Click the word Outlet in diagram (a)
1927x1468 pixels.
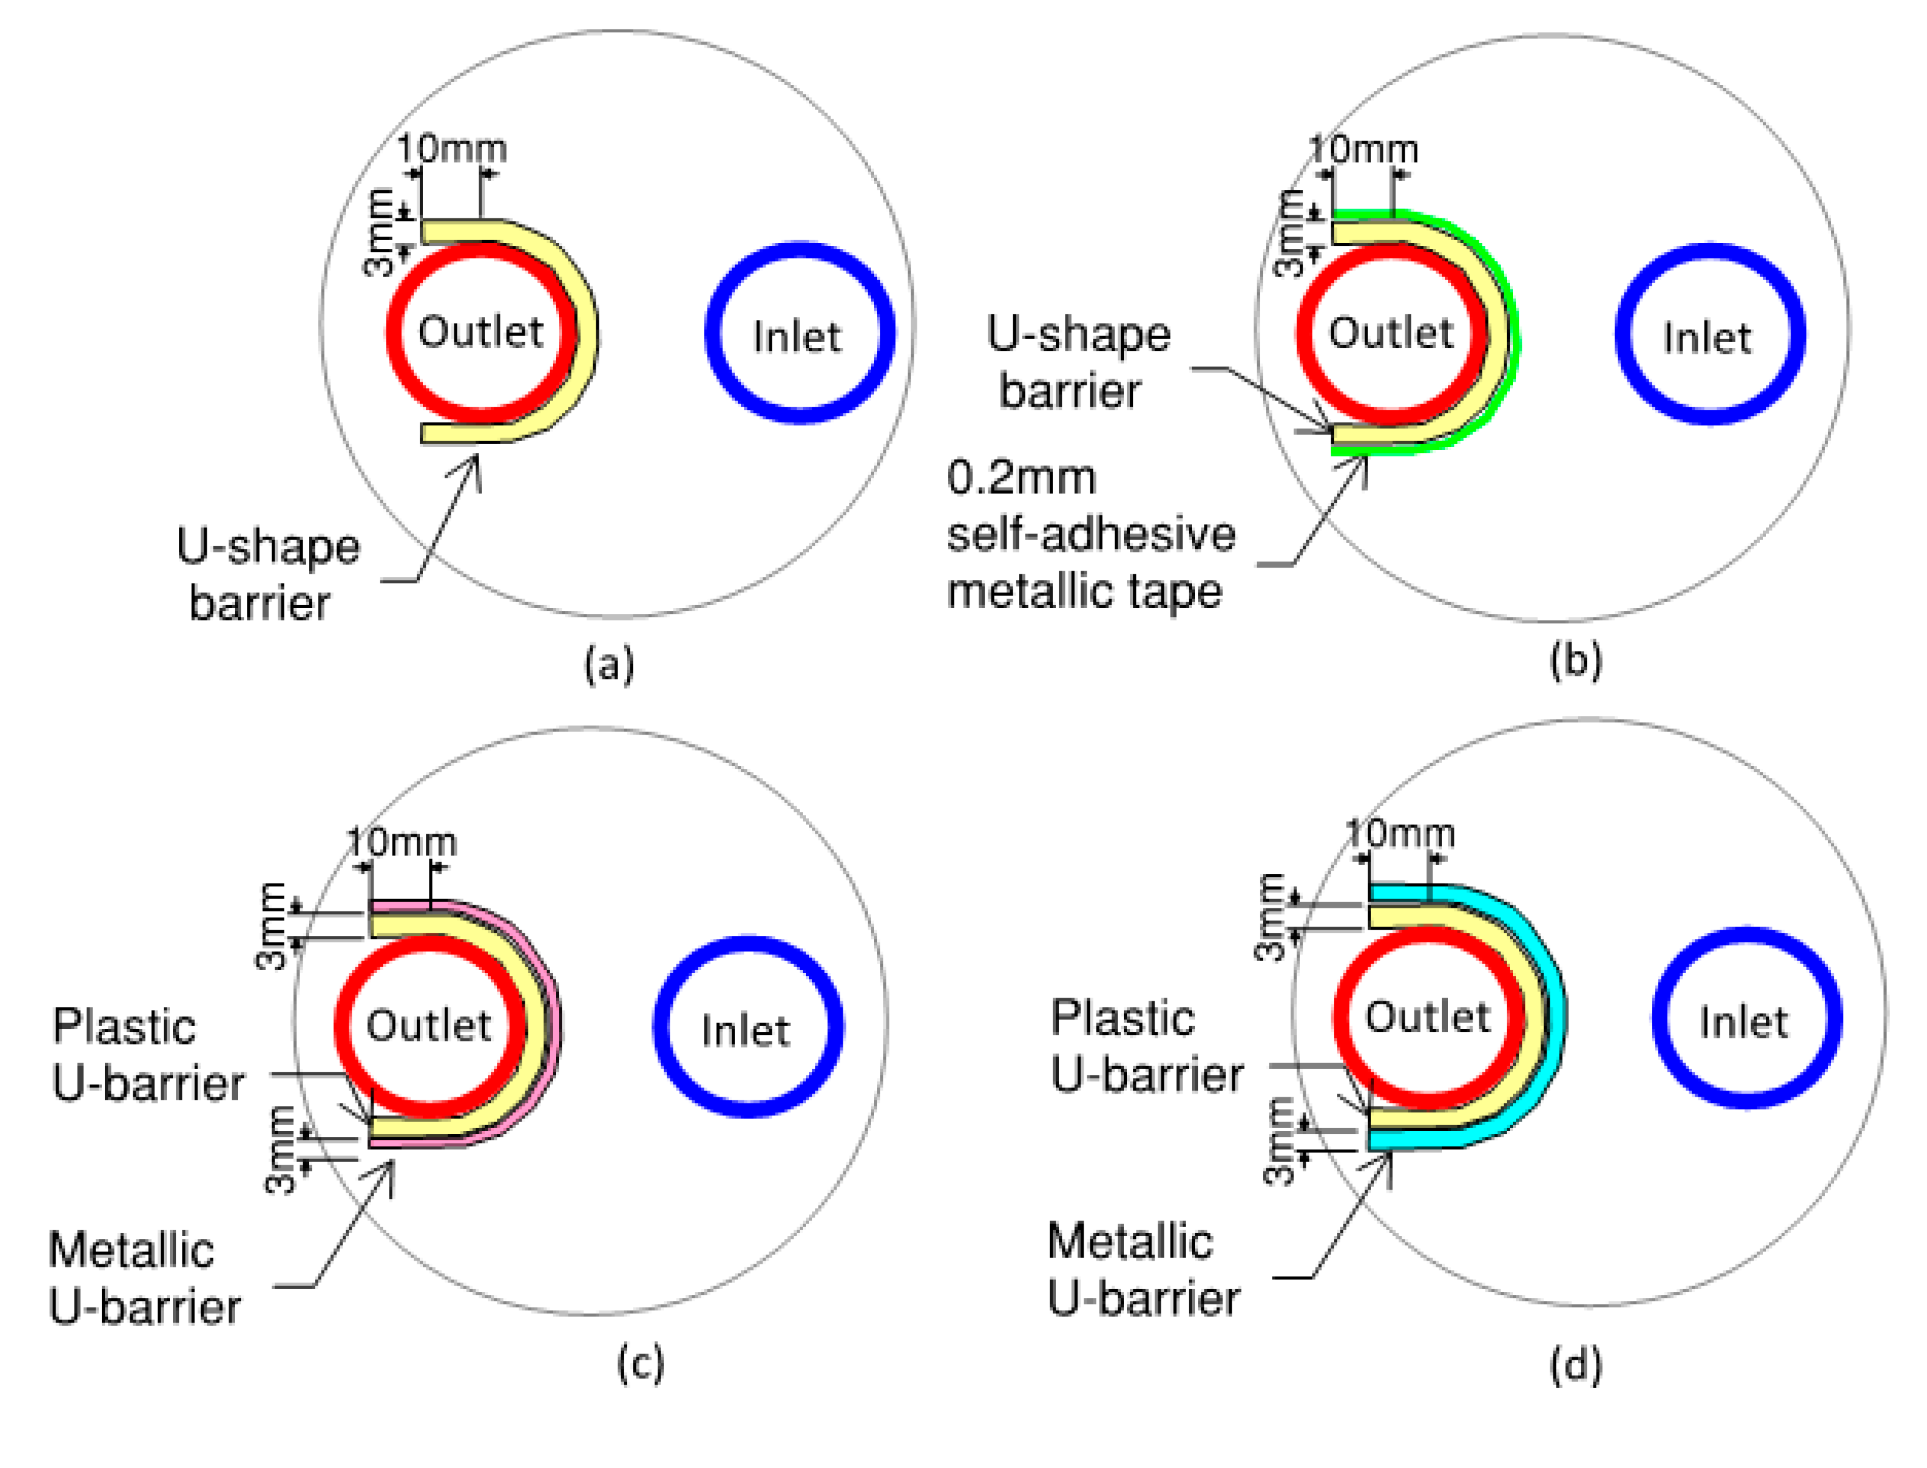pyautogui.click(x=481, y=332)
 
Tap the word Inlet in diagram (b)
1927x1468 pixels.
pyautogui.click(x=1706, y=338)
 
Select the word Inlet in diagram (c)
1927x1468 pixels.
pyautogui.click(x=745, y=1031)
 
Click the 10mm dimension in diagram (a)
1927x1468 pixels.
pyautogui.click(x=451, y=149)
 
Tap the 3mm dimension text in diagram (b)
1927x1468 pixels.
pyautogui.click(x=1289, y=233)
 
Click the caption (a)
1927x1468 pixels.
pyautogui.click(x=609, y=666)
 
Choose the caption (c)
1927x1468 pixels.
pyautogui.click(x=640, y=1363)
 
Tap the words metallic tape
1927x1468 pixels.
pyautogui.click(x=1084, y=591)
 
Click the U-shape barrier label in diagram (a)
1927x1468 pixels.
pyautogui.click(x=267, y=575)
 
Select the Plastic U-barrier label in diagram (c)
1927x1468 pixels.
pyautogui.click(x=147, y=1055)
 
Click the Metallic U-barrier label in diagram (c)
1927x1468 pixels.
pyautogui.click(x=144, y=1278)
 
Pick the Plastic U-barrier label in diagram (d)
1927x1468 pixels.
pyautogui.click(x=1145, y=1046)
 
